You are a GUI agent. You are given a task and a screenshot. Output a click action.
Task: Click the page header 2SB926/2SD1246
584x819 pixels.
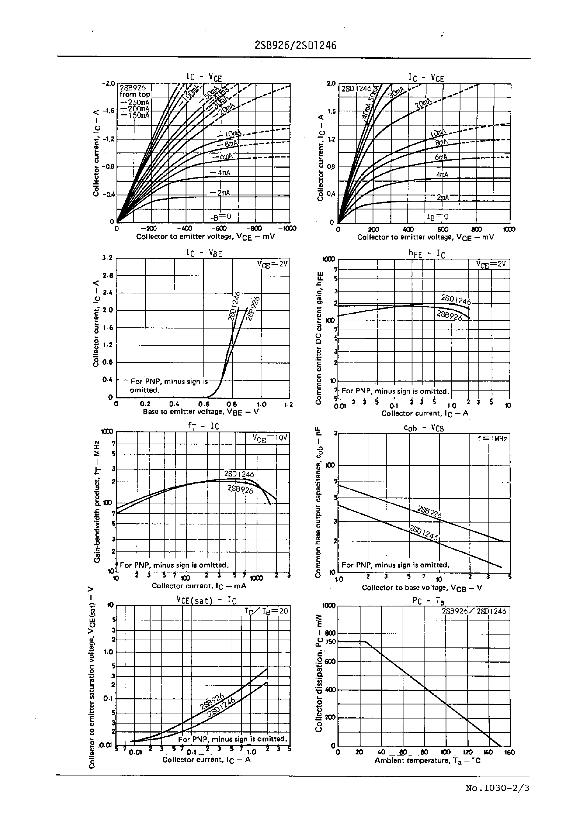295,45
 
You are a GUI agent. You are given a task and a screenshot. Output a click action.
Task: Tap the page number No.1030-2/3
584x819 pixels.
497,788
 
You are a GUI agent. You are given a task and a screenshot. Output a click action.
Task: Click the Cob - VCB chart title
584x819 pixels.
424,428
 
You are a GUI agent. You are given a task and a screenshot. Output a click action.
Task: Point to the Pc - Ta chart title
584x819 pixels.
428,601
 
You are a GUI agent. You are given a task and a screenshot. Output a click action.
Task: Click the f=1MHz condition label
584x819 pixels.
492,439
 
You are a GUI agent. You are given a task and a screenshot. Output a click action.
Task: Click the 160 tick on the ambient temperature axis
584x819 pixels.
510,752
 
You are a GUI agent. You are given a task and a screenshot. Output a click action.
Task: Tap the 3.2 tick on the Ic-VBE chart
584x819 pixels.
108,258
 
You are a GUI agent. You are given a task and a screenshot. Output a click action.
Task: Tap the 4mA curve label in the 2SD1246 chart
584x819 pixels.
442,175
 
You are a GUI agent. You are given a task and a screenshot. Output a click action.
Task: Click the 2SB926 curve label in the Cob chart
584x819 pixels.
429,512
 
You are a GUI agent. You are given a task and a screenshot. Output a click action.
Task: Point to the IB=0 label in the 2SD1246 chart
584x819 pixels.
437,217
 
